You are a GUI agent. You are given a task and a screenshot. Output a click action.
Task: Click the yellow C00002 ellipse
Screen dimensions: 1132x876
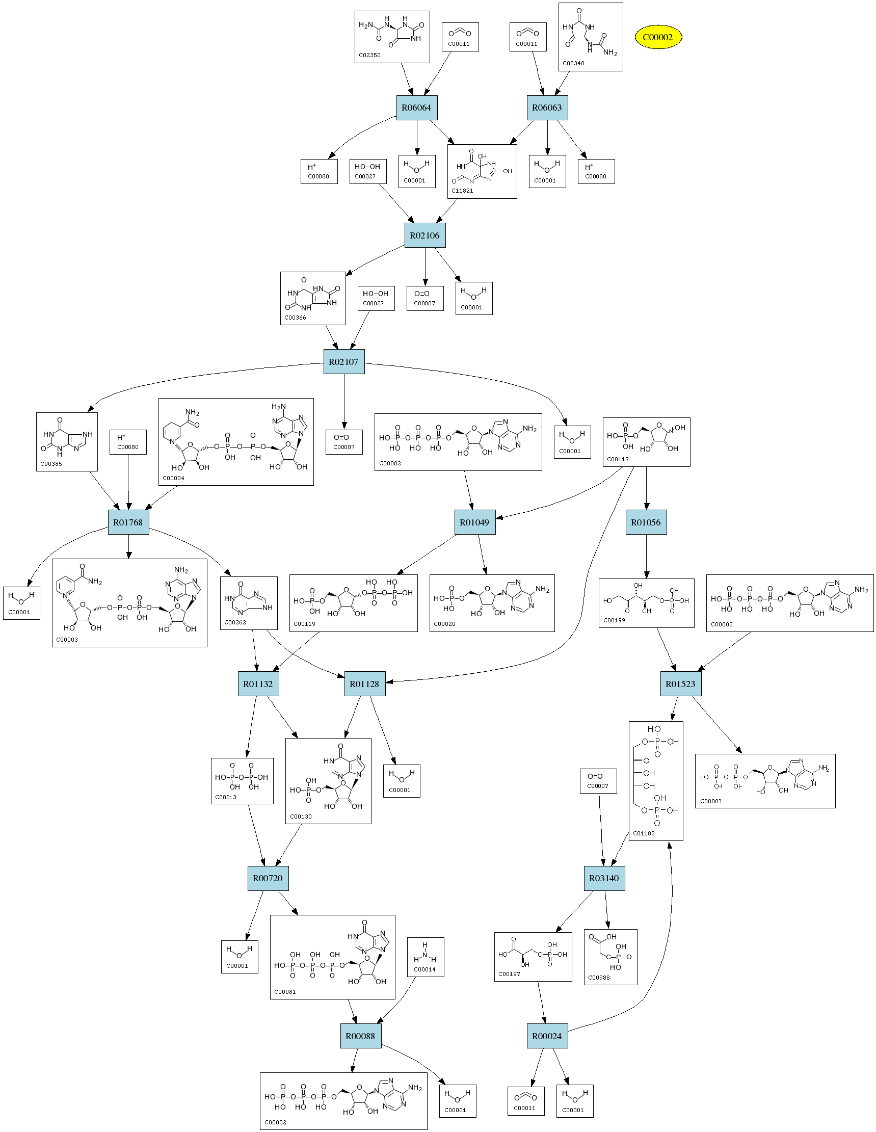tap(658, 37)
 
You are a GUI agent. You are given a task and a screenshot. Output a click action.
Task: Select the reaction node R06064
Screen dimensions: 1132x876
tap(416, 108)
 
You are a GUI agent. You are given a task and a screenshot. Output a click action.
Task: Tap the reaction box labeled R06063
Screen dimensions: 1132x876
tap(547, 108)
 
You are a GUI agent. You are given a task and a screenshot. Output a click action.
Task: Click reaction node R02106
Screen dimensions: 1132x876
tap(424, 235)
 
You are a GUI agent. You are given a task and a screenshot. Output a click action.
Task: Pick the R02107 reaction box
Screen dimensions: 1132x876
tap(343, 362)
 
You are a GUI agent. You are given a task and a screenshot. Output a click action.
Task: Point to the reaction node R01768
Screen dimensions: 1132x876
tap(128, 522)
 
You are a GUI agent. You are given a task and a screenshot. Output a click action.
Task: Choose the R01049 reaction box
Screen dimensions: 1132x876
tap(474, 522)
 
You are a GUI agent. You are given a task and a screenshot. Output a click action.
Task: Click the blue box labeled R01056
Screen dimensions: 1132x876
tap(646, 522)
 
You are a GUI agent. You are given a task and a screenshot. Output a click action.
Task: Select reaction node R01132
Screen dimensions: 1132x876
tap(258, 683)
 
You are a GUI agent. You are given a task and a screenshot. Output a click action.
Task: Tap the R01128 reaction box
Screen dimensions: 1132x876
tap(364, 683)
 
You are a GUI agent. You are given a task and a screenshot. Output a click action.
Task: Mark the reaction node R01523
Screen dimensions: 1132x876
tap(681, 683)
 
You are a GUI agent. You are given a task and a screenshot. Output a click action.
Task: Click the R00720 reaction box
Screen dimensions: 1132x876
tap(268, 878)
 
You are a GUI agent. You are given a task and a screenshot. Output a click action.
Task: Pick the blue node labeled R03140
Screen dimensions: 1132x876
tap(604, 878)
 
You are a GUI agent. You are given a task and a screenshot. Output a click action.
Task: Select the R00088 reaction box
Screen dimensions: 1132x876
tap(360, 1036)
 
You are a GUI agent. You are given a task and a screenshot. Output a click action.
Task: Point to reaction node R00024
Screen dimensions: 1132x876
tap(547, 1036)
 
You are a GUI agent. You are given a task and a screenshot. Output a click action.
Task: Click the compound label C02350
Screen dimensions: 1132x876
tap(369, 55)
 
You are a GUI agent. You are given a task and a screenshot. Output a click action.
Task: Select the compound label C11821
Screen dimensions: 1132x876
tap(462, 191)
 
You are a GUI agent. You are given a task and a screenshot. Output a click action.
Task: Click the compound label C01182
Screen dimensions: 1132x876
tap(644, 833)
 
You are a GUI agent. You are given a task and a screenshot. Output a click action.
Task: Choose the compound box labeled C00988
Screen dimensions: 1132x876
tap(610, 957)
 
